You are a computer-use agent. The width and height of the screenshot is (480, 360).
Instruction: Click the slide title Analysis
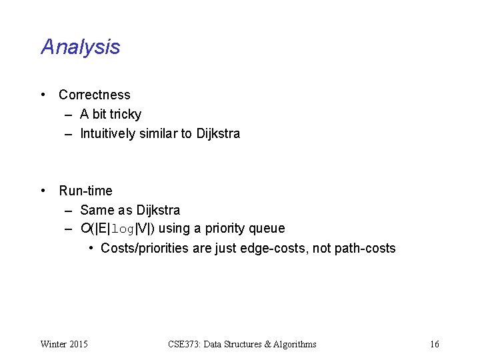coord(80,47)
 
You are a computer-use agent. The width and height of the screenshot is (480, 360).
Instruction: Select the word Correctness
coord(95,95)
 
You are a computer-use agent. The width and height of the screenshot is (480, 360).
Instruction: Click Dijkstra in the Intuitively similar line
coord(218,133)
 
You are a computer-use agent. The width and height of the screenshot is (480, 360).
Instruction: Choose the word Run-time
coord(85,191)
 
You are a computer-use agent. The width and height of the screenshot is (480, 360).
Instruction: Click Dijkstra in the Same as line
coord(158,210)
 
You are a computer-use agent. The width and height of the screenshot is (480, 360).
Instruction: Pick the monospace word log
coord(123,229)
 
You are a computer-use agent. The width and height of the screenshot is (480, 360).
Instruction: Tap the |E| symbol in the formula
coord(102,229)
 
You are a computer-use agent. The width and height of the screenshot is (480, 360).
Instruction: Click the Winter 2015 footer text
coord(64,344)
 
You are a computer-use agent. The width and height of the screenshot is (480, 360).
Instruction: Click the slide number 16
coord(435,344)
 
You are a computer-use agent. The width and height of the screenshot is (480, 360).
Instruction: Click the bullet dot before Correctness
coord(43,95)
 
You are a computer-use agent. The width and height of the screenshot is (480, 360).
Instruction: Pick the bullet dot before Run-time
coord(43,191)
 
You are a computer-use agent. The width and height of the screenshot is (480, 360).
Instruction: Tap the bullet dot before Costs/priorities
coord(91,249)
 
